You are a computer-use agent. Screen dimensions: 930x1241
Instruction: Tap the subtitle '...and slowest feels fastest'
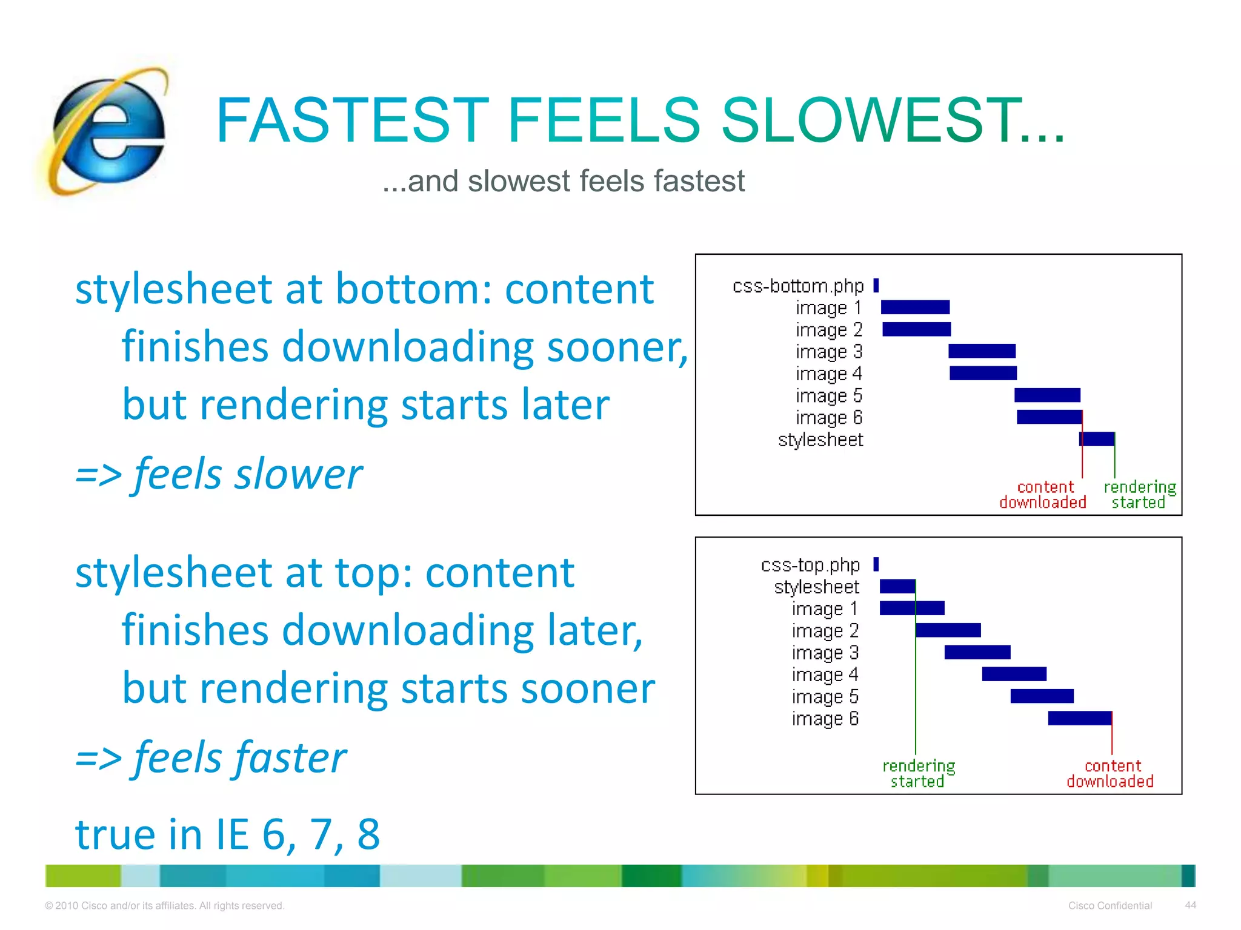tap(563, 181)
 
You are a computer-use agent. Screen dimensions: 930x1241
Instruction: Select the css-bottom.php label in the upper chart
tap(797, 286)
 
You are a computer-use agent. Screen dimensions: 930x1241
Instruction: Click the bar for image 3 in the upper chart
tap(982, 351)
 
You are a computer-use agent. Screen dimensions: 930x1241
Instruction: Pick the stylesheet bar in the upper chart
tap(1097, 439)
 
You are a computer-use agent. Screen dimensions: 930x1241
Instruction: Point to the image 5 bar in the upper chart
tap(1047, 395)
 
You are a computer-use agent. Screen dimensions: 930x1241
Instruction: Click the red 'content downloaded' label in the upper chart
tap(1043, 495)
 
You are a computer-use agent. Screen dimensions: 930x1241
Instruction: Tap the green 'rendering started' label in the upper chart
tap(1139, 495)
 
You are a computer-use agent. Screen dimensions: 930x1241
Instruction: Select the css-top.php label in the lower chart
tap(810, 565)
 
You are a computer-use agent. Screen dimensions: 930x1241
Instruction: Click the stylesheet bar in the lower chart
tap(897, 586)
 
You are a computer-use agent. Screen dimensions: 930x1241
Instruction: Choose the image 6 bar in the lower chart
tap(1080, 718)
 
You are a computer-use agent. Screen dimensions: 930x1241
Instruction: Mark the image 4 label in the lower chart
tap(825, 674)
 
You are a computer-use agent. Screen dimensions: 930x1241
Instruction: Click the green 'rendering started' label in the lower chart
tap(918, 774)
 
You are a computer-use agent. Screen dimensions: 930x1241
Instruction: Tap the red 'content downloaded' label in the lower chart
tap(1110, 774)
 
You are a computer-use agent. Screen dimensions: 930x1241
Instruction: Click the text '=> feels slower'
tap(218, 474)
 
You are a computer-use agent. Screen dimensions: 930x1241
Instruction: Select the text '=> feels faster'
tap(210, 757)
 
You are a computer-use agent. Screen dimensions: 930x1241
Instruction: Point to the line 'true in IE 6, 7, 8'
tap(227, 834)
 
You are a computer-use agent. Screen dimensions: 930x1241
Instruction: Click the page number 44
tap(1190, 905)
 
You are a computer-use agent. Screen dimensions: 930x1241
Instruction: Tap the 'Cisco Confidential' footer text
tap(1110, 906)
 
